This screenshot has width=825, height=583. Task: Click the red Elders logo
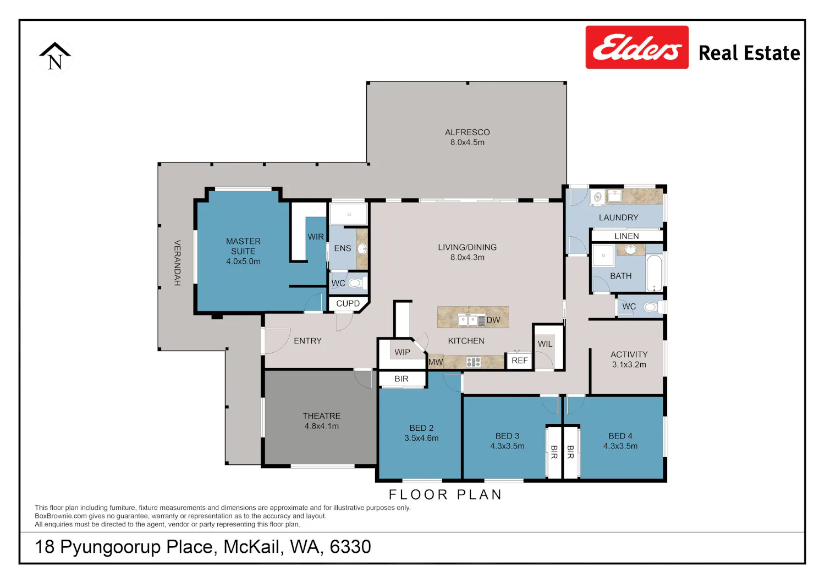point(637,47)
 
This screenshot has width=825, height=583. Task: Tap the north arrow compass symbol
point(55,56)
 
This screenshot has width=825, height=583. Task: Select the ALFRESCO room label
point(467,132)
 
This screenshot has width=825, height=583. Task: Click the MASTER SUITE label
point(243,246)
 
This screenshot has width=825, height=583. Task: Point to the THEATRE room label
point(322,416)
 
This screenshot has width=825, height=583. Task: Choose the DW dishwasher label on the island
point(493,320)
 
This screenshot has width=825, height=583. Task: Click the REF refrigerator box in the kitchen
point(520,360)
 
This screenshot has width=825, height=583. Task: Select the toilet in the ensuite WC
point(357,283)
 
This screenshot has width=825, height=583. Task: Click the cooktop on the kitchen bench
point(473,362)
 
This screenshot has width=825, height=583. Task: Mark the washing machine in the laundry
point(597,197)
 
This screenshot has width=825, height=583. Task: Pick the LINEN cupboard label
point(626,236)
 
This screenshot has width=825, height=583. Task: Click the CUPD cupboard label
point(348,304)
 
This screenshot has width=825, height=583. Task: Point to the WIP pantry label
point(402,352)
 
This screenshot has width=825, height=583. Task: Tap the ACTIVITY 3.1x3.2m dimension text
point(629,364)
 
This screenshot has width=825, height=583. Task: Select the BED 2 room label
point(421,428)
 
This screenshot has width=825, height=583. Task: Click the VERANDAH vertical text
point(177,263)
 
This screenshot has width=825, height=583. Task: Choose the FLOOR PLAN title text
point(446,495)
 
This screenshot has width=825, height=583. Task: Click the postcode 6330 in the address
point(350,547)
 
